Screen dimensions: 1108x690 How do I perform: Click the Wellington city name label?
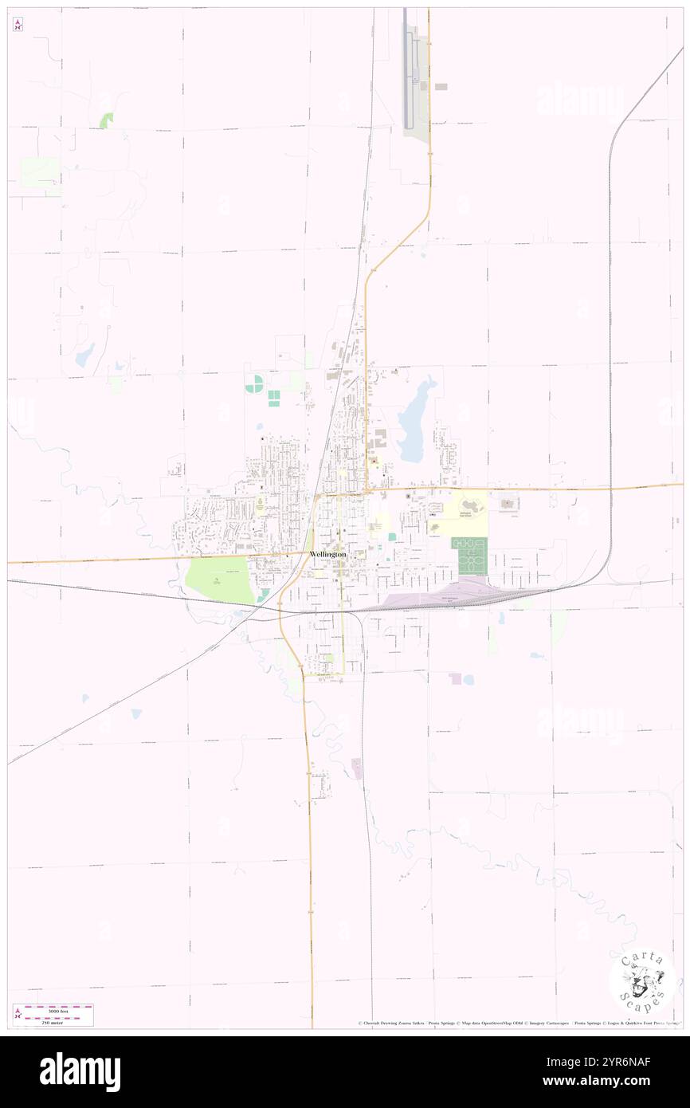click(x=327, y=553)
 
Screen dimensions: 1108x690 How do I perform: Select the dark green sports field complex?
click(x=468, y=555)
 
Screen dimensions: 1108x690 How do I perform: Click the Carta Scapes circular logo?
click(x=642, y=980)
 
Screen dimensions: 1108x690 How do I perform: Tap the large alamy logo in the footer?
click(x=80, y=1072)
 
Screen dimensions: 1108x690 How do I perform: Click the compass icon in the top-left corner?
click(x=18, y=25)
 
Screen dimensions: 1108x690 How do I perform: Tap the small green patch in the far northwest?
click(x=106, y=120)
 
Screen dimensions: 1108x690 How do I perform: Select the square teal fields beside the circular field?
click(x=273, y=398)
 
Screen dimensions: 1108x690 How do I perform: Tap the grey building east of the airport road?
click(x=441, y=86)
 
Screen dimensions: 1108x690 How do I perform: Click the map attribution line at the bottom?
click(x=518, y=1023)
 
